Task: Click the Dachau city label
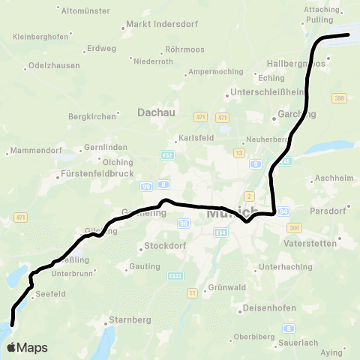[x=156, y=112]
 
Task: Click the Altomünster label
[x=85, y=10]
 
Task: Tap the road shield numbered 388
[x=340, y=98]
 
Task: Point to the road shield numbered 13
[x=239, y=152]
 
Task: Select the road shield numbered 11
[x=193, y=292]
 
